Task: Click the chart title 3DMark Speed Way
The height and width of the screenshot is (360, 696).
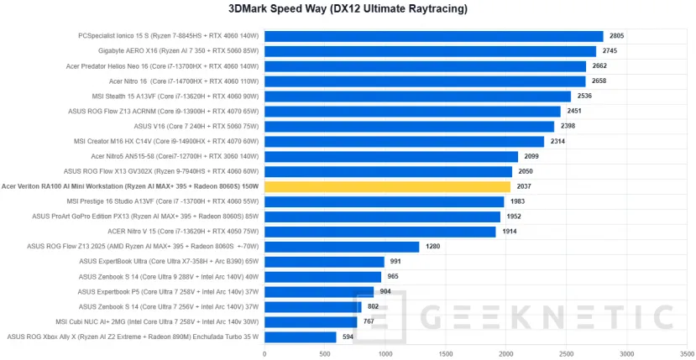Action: [348, 9]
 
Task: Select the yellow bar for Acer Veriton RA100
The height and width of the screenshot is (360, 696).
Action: [387, 186]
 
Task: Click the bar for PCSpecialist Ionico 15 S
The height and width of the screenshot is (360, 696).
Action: [433, 36]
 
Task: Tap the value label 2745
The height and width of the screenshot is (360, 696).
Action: [610, 51]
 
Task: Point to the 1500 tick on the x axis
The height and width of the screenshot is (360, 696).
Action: [446, 353]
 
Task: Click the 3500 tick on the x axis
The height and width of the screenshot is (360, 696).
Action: [687, 353]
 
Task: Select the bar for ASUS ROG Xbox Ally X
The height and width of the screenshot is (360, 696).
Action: [300, 337]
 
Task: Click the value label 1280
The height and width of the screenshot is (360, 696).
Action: [433, 247]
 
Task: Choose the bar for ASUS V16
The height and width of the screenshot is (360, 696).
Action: [409, 127]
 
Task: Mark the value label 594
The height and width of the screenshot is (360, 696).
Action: [348, 337]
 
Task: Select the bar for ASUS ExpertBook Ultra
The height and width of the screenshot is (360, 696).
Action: [324, 262]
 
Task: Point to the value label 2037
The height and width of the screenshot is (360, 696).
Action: [525, 186]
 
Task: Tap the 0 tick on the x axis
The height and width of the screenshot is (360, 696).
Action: [264, 353]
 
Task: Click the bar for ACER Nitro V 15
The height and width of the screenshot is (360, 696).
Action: [379, 232]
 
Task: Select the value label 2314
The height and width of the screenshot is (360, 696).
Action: [558, 142]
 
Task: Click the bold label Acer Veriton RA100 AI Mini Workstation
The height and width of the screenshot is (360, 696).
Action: [130, 186]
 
